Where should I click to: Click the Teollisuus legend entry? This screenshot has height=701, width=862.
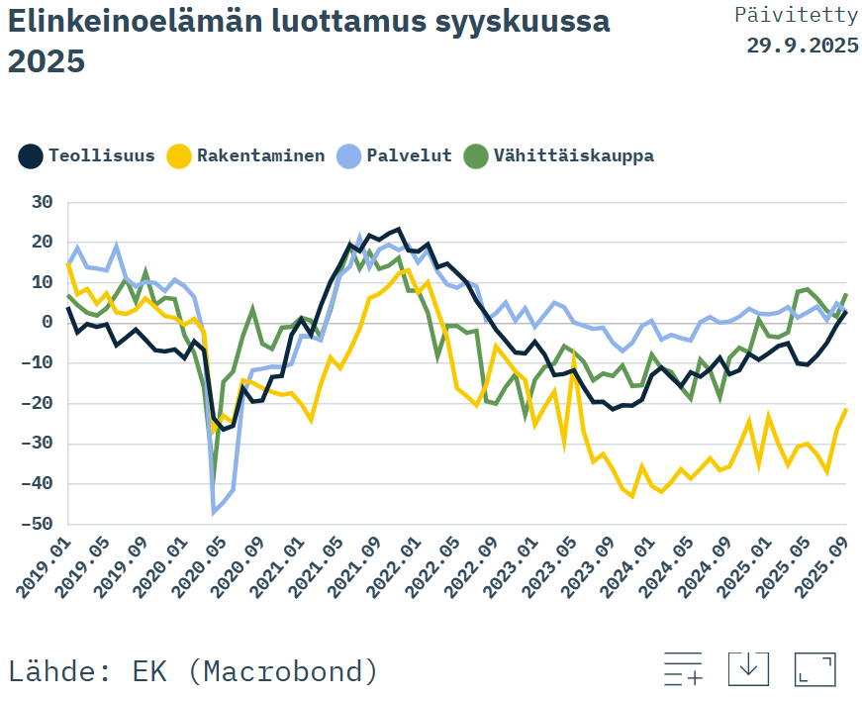87,155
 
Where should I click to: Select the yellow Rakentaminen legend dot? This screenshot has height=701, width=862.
179,155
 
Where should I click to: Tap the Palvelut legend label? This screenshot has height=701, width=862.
409,155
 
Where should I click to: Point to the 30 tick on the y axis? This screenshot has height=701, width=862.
41,202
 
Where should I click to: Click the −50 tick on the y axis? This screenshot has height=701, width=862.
37,524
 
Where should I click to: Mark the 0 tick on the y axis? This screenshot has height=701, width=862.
47,323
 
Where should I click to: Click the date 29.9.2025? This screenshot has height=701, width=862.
802,46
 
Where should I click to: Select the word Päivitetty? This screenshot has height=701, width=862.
796,15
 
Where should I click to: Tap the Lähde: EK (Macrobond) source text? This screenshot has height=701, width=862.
193,670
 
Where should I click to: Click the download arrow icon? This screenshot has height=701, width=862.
748,668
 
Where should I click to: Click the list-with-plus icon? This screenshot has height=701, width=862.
683,669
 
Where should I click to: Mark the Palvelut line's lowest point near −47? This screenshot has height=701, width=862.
213,512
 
